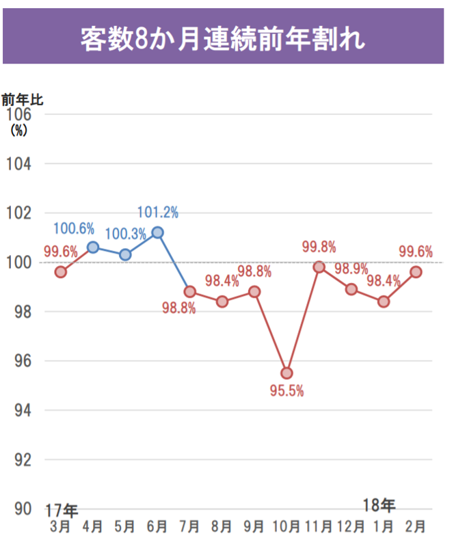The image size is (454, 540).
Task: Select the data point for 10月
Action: click(x=286, y=373)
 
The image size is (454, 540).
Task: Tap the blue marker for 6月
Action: click(x=158, y=232)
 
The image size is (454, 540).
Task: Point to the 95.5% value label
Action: click(x=286, y=392)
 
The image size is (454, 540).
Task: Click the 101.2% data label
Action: click(x=158, y=213)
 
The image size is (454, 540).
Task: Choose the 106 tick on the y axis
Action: click(x=19, y=114)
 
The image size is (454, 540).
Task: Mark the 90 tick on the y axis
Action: click(x=19, y=509)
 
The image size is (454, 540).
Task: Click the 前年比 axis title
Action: click(x=22, y=100)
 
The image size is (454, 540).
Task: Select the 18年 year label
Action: click(x=379, y=506)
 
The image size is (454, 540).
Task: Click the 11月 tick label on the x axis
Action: click(x=319, y=526)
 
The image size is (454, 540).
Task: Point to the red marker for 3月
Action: click(x=61, y=271)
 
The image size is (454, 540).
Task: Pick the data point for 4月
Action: click(x=93, y=247)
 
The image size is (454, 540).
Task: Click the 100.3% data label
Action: click(x=126, y=234)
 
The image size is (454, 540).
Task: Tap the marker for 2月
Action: click(x=416, y=271)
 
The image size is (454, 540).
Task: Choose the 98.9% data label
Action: click(x=351, y=268)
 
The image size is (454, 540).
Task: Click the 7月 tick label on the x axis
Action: click(x=190, y=526)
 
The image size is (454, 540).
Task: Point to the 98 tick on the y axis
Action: click(x=19, y=312)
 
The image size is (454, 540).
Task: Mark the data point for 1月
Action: click(x=384, y=301)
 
